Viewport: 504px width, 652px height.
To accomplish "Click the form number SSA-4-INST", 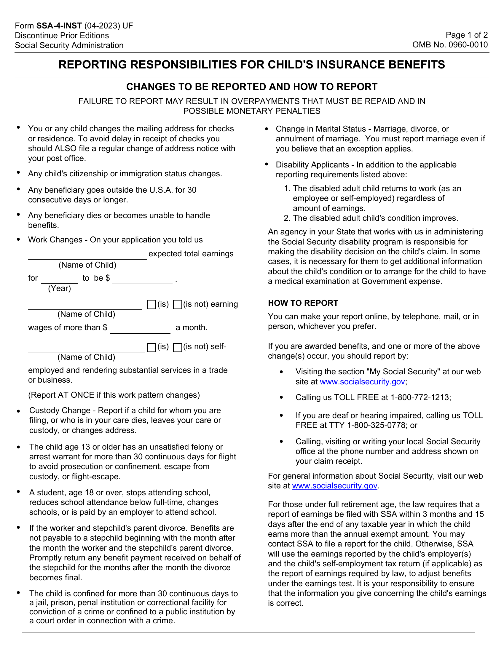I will [59, 26].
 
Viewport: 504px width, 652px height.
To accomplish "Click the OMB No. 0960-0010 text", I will [450, 45].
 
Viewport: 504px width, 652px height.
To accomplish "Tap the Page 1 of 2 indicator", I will [466, 35].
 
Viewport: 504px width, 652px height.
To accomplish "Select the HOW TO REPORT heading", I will [303, 303].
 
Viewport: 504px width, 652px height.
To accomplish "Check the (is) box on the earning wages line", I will [151, 304].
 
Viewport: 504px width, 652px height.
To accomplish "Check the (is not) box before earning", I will [177, 304].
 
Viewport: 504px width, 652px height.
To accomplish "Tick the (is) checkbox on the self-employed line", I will [151, 348].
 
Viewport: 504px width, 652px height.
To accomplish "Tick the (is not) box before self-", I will [177, 348].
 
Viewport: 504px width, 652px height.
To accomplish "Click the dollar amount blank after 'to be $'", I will [142, 281].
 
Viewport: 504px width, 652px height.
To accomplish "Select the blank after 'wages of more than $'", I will [140, 330].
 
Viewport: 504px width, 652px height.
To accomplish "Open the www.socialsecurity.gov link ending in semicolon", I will [362, 381].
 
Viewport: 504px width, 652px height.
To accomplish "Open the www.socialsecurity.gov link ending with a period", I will [334, 485].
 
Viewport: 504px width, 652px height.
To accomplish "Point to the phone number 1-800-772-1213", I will [420, 397].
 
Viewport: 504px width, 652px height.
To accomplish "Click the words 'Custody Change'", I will [60, 410].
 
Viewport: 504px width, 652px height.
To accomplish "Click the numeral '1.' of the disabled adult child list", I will [287, 188].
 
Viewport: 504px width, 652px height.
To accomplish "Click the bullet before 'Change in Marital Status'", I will [267, 129].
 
